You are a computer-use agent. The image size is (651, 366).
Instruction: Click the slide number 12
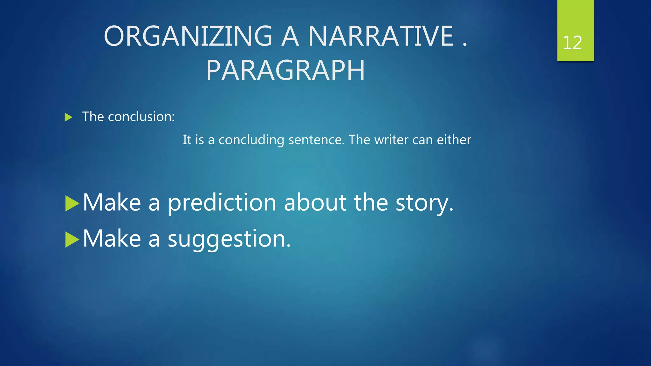coord(572,43)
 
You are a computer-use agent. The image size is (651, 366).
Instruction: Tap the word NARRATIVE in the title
coord(381,36)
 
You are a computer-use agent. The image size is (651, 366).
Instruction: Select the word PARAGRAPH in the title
coord(285,71)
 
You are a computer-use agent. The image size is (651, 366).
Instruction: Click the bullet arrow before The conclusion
coord(68,117)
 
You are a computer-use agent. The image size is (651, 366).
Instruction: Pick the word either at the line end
coord(454,140)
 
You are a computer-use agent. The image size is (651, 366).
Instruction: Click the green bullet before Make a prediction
coord(72,204)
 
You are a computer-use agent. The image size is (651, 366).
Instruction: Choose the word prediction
coord(222,203)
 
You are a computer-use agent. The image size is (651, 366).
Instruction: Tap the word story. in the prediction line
coord(424,203)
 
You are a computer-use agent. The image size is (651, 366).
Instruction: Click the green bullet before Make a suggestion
coord(72,240)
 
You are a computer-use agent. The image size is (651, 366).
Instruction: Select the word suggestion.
coord(229,239)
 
